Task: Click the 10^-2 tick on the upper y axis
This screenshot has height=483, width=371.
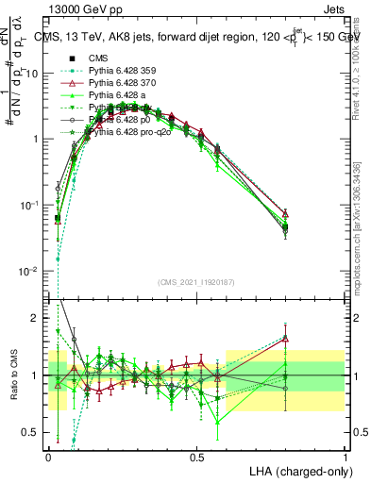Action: pyautogui.click(x=36, y=271)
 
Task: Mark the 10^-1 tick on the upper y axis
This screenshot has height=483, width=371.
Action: pyautogui.click(x=36, y=205)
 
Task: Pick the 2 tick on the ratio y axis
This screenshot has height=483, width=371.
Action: pyautogui.click(x=41, y=318)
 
